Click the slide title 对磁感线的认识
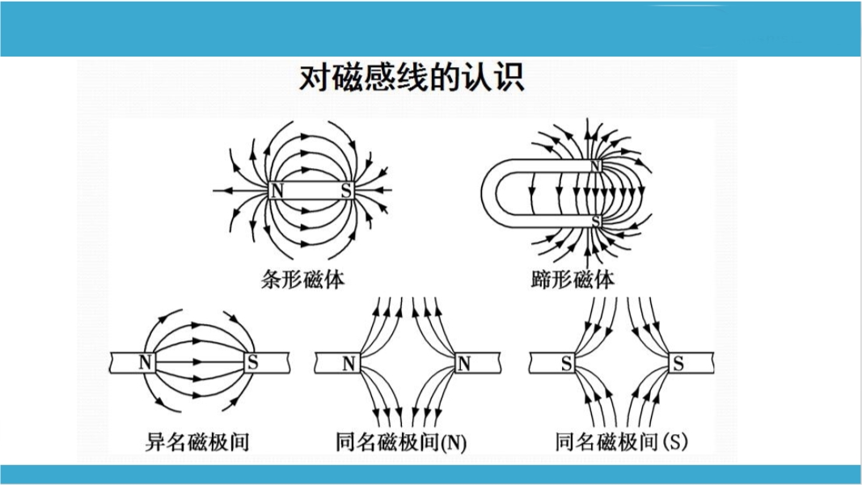(x=412, y=78)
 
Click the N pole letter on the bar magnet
(x=277, y=191)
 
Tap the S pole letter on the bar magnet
(x=346, y=191)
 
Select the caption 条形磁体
(x=303, y=280)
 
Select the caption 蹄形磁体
(x=573, y=280)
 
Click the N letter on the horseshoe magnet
(x=596, y=166)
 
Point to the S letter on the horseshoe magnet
(x=596, y=220)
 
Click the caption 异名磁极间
(x=196, y=441)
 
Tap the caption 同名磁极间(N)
(x=401, y=442)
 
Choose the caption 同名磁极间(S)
(x=622, y=441)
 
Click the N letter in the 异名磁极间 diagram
(x=146, y=362)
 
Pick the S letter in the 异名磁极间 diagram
(x=253, y=362)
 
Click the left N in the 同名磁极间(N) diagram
(x=349, y=364)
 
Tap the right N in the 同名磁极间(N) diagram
(x=463, y=364)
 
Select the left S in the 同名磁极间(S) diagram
(x=567, y=364)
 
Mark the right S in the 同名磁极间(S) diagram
(x=678, y=364)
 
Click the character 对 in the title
(x=314, y=78)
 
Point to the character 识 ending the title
(x=512, y=78)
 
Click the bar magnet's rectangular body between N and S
(x=311, y=191)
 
